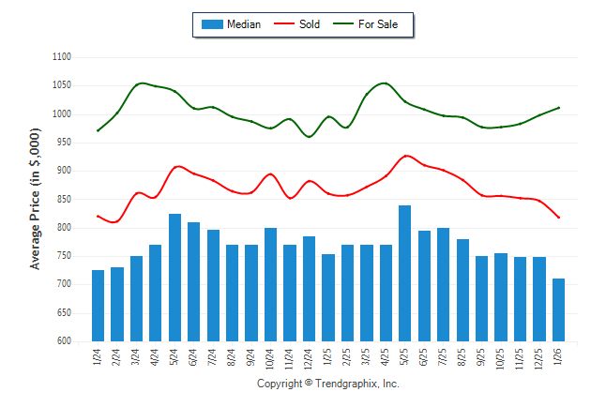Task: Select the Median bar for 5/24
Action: (x=174, y=278)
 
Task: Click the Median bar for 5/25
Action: (x=405, y=273)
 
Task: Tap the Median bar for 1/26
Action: (x=559, y=309)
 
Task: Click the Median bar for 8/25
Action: (x=462, y=290)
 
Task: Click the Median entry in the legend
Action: (x=232, y=24)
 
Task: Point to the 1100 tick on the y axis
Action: (x=63, y=57)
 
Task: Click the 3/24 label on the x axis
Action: (x=136, y=358)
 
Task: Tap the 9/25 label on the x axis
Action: (x=482, y=358)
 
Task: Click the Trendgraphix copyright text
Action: (x=328, y=384)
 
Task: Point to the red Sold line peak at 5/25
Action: (x=405, y=156)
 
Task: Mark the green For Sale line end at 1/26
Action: (x=559, y=108)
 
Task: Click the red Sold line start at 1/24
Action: (x=98, y=216)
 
